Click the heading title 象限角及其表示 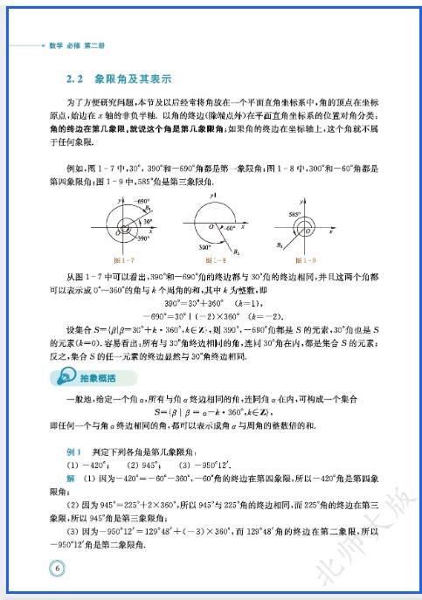(x=128, y=79)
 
